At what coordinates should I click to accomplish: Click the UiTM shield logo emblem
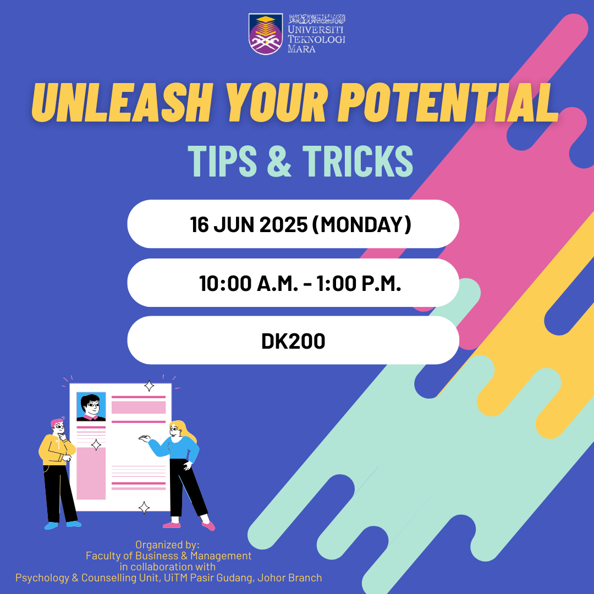pos(266,34)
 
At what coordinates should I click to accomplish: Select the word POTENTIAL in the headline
pos(448,102)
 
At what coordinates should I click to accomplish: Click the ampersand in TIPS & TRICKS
pos(279,161)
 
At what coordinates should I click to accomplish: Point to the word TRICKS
pos(358,161)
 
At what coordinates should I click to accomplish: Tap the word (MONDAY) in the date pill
pos(362,224)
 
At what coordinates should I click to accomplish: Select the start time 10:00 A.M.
pos(249,283)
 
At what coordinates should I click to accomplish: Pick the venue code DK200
pos(293,341)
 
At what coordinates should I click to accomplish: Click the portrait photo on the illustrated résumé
pos(91,406)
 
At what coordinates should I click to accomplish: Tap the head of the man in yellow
pos(58,427)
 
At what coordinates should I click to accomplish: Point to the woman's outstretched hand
pos(144,438)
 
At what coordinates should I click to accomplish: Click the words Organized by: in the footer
pos(167,544)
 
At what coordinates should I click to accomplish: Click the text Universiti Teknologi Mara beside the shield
pos(316,38)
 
